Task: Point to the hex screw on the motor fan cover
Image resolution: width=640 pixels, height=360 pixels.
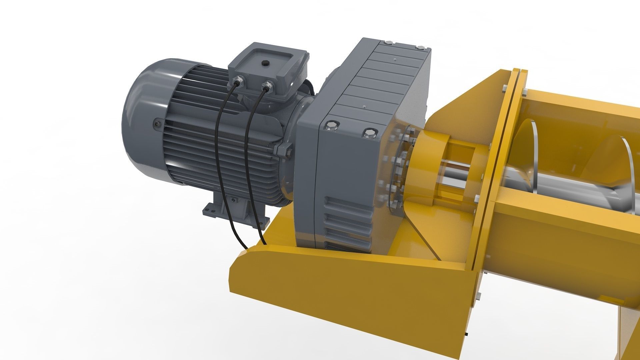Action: pyautogui.click(x=157, y=124)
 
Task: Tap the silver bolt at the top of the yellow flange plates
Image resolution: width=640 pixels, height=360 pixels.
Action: pyautogui.click(x=504, y=88)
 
